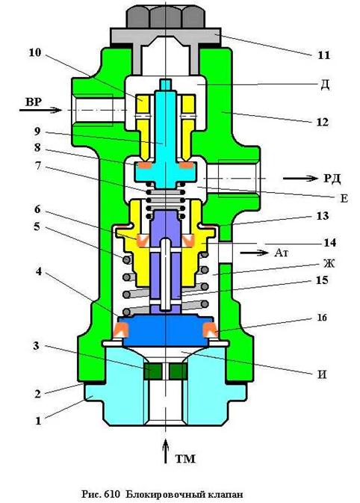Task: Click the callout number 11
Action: [323, 55]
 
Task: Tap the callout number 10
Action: [35, 52]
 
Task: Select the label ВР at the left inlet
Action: [34, 102]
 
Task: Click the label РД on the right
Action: [332, 178]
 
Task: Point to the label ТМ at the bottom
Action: [185, 458]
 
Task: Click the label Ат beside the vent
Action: [282, 253]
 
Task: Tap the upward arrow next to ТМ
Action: [165, 451]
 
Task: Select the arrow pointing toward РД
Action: [300, 178]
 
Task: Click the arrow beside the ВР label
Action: [40, 110]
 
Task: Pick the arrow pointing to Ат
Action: [254, 253]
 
